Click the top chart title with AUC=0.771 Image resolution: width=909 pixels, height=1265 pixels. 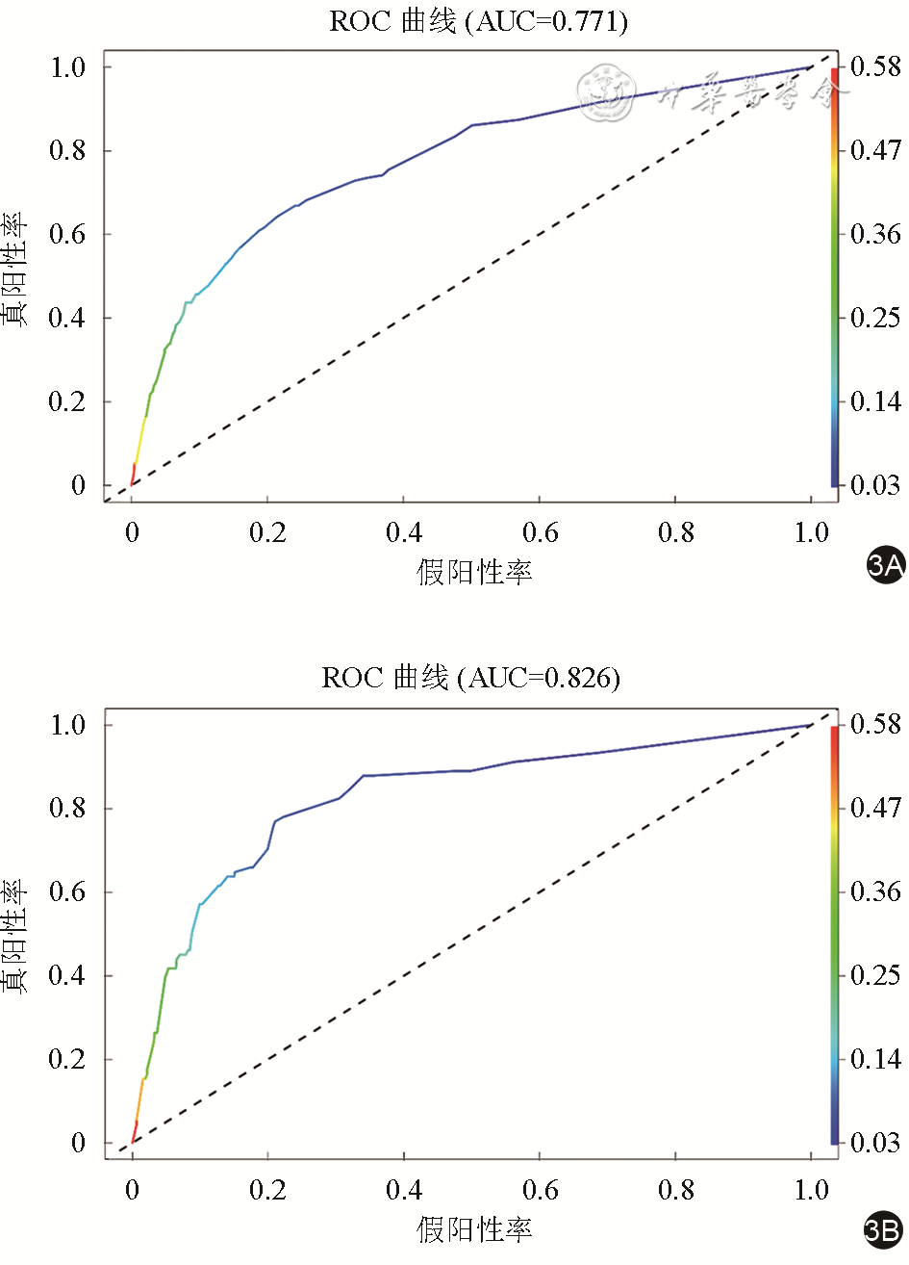[x=478, y=21]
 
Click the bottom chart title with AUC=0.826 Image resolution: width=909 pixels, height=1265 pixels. [x=470, y=678]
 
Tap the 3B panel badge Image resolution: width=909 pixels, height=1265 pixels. [x=883, y=1229]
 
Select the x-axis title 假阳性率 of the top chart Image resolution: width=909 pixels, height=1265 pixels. [x=474, y=572]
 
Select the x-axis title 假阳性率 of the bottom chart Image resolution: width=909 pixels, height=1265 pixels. [x=474, y=1229]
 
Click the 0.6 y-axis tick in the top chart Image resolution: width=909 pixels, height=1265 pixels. [x=67, y=234]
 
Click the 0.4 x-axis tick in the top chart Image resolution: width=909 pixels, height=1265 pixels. [x=404, y=532]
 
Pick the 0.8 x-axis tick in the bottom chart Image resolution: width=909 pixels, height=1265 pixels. [x=676, y=1190]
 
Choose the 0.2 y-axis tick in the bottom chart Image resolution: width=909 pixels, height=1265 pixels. [x=67, y=1059]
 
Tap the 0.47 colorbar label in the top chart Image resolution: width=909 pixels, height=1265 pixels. [x=875, y=150]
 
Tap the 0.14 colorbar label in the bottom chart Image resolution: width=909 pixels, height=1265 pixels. [x=875, y=1059]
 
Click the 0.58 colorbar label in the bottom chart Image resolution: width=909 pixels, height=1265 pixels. [x=875, y=724]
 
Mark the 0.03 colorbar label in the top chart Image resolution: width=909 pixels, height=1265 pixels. [x=875, y=485]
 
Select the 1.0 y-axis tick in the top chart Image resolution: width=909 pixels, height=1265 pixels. [x=67, y=67]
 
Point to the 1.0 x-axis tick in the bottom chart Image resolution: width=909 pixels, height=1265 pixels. [x=812, y=1190]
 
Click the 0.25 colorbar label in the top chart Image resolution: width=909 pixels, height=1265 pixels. [x=875, y=318]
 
